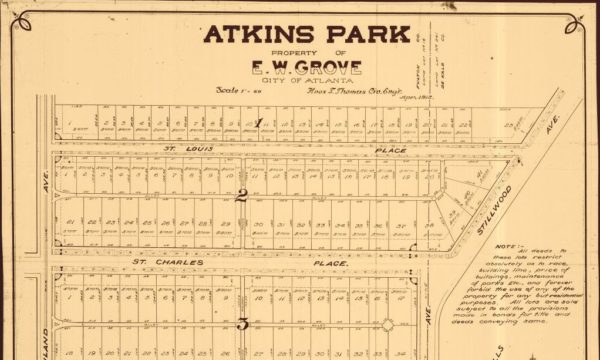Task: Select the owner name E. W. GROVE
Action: point(312,68)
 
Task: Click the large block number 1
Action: point(259,123)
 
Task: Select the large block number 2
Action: point(241,195)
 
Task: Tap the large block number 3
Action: point(241,323)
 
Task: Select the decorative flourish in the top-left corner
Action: point(25,23)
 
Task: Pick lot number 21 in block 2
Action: point(70,222)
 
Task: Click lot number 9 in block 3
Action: point(202,296)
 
